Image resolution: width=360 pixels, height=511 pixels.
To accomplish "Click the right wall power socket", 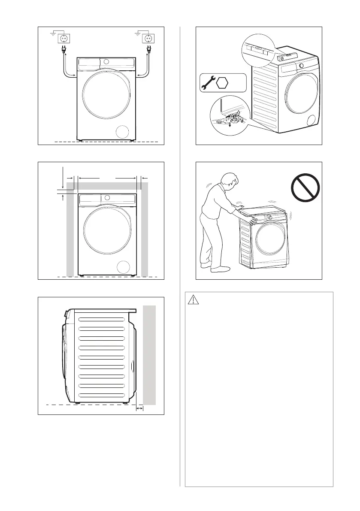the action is tap(149, 38).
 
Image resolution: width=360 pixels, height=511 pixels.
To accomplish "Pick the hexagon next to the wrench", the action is tap(221, 82).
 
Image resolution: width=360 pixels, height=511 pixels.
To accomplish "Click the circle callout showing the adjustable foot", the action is tap(229, 116).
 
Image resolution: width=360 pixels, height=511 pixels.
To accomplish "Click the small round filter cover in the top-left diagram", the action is tap(123, 132).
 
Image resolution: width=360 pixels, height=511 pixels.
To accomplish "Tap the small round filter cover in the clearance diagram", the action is tap(123, 267).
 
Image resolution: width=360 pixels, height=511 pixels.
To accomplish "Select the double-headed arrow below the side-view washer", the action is tap(139, 409).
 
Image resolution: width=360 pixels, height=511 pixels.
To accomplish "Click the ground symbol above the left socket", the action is tap(54, 31).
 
